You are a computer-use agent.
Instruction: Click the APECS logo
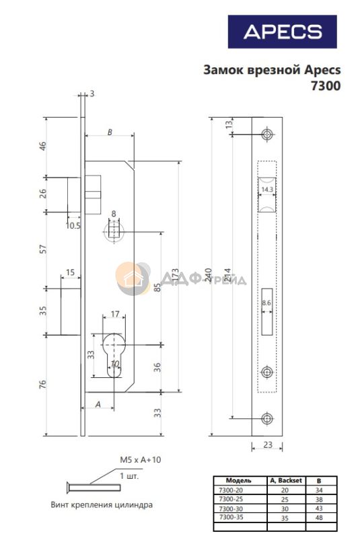pos(282,32)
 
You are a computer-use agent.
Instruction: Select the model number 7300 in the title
pos(326,86)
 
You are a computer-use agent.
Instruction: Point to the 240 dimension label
pos(209,275)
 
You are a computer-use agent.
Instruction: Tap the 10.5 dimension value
pos(73,225)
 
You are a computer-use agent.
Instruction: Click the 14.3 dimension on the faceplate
pos(267,190)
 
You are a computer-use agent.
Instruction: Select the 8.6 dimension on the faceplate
pos(266,303)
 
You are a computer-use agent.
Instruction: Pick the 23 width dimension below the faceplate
pos(268,445)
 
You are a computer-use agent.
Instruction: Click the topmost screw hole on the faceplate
pos(267,134)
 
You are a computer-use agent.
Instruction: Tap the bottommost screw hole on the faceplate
pos(267,418)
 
